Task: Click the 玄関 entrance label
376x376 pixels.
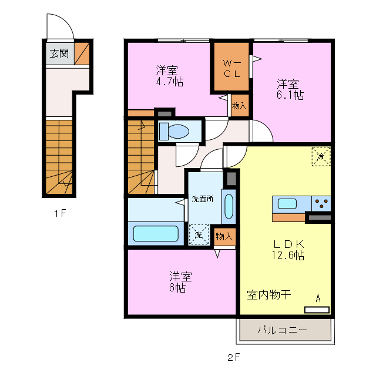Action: pyautogui.click(x=59, y=53)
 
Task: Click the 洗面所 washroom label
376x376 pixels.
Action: pyautogui.click(x=203, y=199)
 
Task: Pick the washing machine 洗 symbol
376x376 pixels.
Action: pyautogui.click(x=199, y=235)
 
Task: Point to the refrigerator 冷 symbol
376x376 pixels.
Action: pyautogui.click(x=321, y=157)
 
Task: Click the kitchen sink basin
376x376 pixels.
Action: pyautogui.click(x=287, y=204)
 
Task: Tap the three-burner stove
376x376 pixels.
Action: pyautogui.click(x=321, y=204)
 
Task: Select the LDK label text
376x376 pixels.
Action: pyautogui.click(x=287, y=244)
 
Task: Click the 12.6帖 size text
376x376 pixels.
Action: pyautogui.click(x=287, y=256)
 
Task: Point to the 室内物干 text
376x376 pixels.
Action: pyautogui.click(x=268, y=295)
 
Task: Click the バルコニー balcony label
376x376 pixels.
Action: pyautogui.click(x=282, y=331)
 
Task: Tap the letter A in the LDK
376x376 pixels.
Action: pyautogui.click(x=318, y=298)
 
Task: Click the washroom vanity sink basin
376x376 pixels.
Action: pyautogui.click(x=229, y=206)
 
